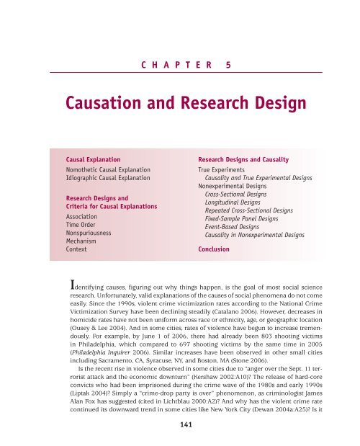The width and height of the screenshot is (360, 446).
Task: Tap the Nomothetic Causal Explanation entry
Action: point(108,166)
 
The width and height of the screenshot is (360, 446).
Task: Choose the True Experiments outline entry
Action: point(225,166)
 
